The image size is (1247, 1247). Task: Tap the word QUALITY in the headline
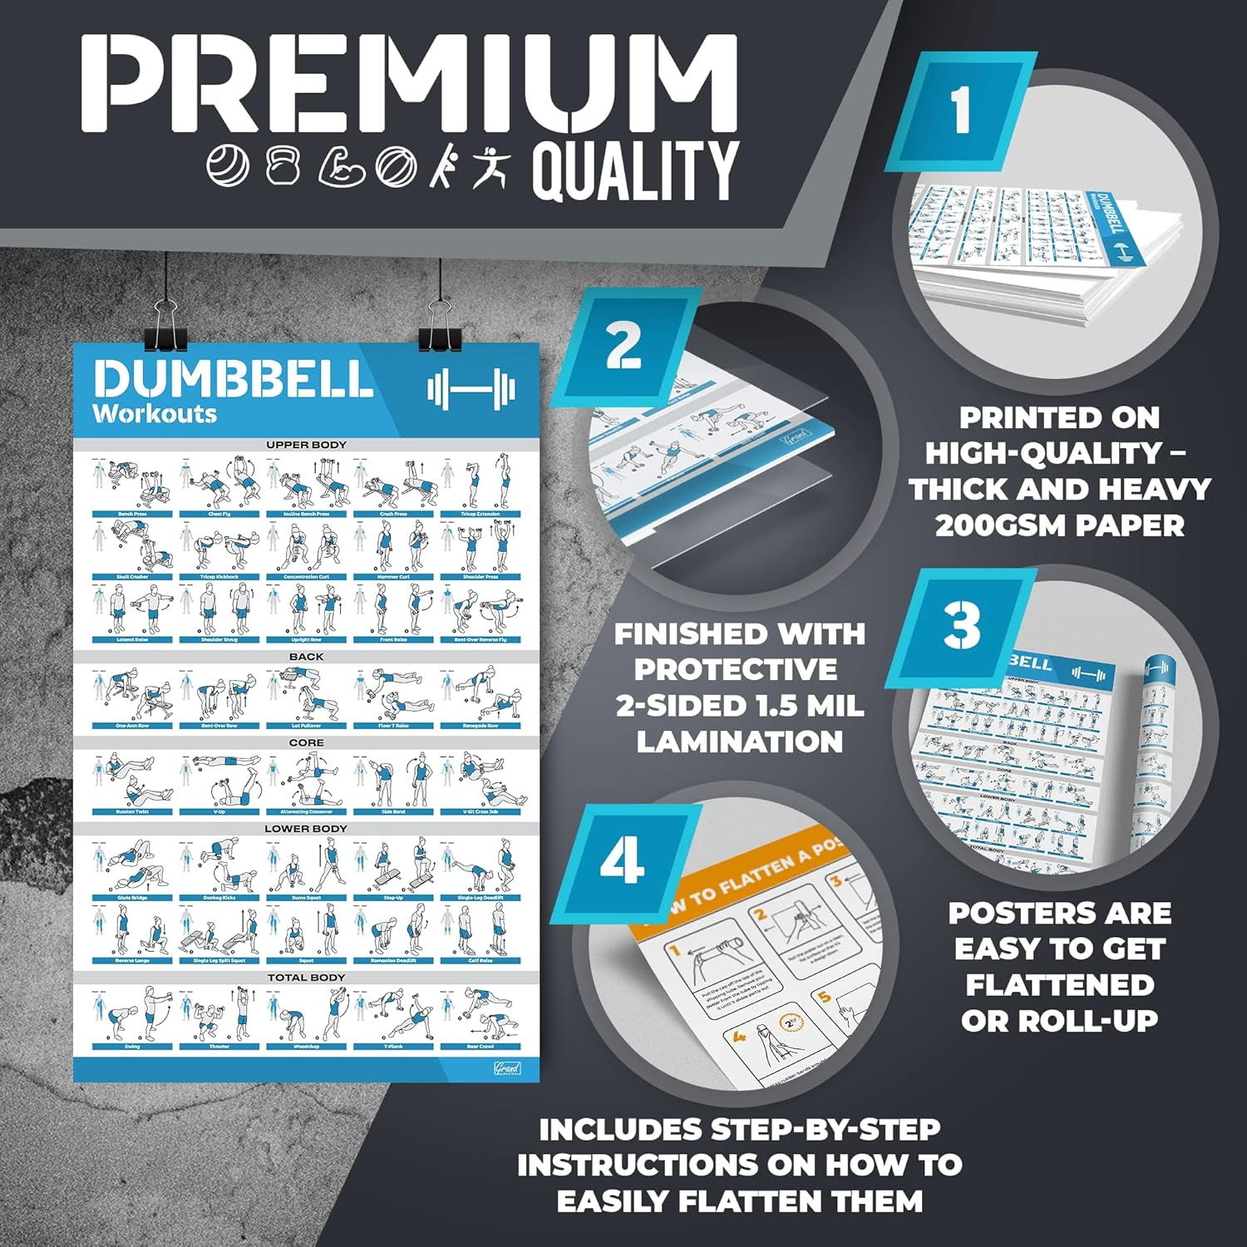click(635, 170)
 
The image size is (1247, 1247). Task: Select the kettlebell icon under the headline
click(283, 165)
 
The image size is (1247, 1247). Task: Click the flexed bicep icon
click(343, 166)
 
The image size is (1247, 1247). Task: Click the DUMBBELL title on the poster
click(233, 380)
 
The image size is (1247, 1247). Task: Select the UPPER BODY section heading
click(306, 445)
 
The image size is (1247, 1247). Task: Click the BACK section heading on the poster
click(306, 657)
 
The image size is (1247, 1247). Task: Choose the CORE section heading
click(306, 742)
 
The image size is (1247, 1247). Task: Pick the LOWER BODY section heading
click(306, 829)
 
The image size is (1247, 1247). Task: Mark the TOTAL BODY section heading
click(306, 978)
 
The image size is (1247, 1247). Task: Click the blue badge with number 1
click(961, 111)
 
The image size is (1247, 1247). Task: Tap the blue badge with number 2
click(623, 347)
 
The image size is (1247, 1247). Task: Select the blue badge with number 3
click(962, 628)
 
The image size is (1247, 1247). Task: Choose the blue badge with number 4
click(623, 862)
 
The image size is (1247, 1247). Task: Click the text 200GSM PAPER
click(1059, 525)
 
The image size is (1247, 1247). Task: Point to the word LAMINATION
click(739, 741)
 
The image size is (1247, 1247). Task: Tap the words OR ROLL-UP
click(1059, 1021)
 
